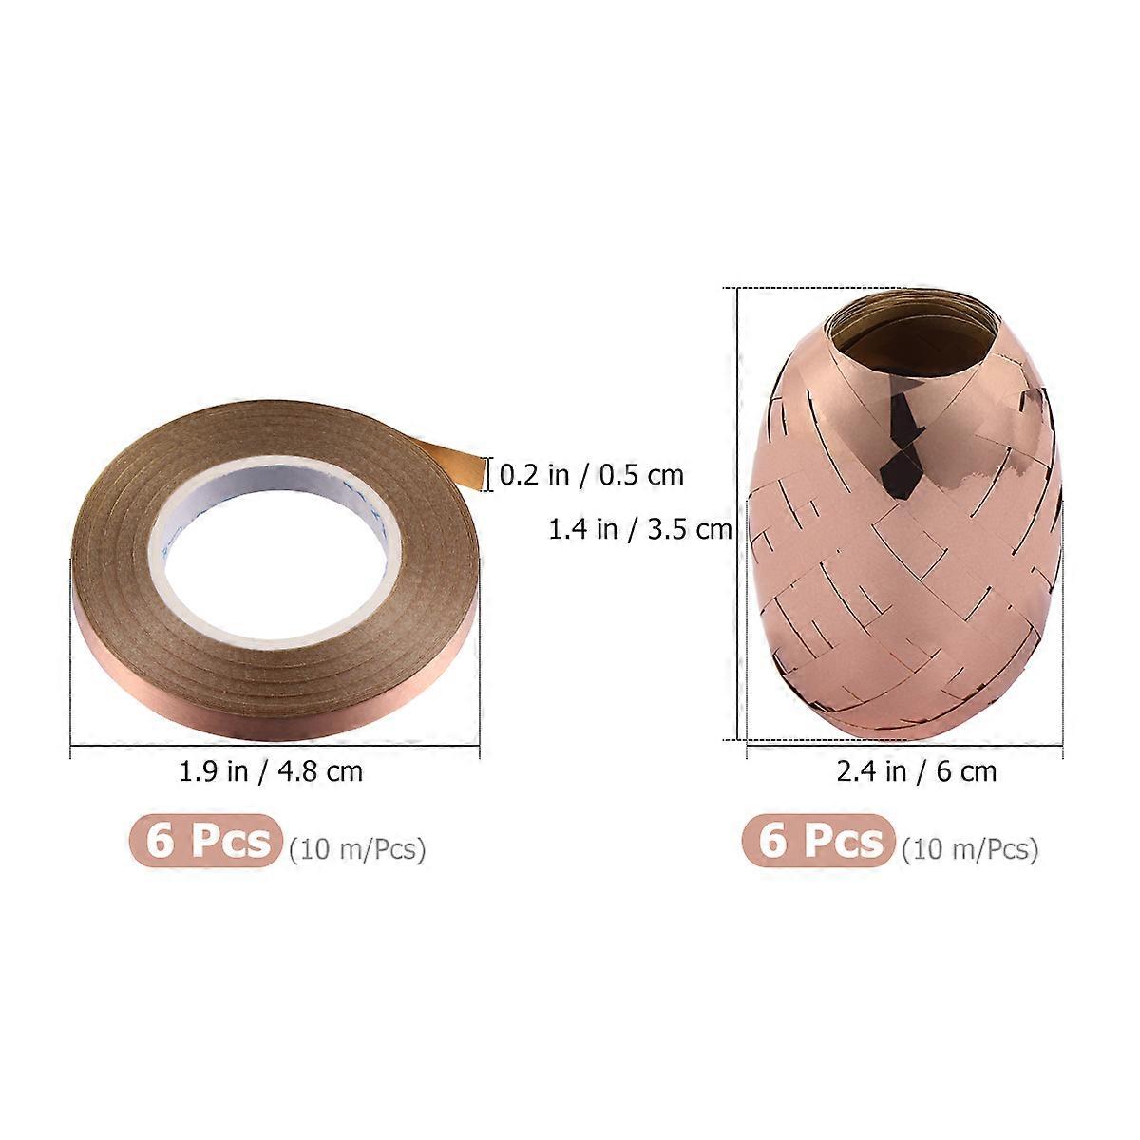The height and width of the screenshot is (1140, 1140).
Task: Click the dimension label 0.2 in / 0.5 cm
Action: pos(591,474)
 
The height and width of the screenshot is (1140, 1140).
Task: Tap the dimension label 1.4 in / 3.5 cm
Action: pos(640,529)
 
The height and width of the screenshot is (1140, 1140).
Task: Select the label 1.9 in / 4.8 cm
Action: pos(271,771)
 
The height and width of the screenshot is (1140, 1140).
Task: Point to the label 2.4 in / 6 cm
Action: pos(917,771)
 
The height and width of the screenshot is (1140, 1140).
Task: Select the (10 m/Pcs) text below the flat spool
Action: pos(357,849)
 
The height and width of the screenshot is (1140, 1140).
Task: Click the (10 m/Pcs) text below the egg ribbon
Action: pos(970,849)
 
